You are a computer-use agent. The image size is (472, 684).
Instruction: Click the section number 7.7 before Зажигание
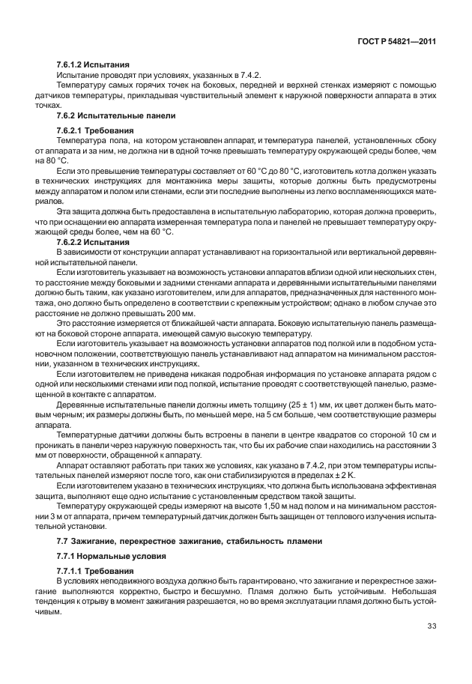(64, 540)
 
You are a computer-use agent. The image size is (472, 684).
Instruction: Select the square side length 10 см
(411, 435)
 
